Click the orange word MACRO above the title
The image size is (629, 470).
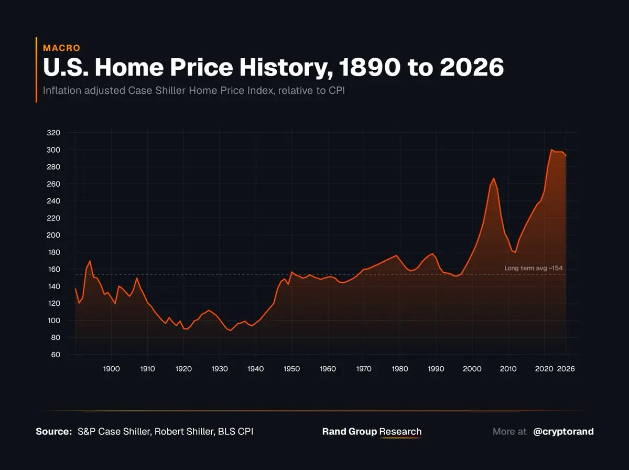coord(61,48)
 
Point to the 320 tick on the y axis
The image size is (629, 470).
coord(53,133)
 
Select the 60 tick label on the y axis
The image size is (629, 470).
coord(56,355)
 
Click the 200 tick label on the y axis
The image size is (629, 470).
coord(53,235)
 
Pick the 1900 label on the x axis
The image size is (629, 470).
coord(112,369)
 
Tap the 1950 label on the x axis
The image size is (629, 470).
coord(291,369)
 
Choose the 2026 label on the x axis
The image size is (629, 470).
coord(566,369)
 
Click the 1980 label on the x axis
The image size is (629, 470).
coord(400,369)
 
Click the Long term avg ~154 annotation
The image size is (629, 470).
coord(533,268)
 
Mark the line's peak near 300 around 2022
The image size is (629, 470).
coord(551,150)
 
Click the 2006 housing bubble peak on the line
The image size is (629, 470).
coord(493,178)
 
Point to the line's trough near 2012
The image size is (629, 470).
coord(515,252)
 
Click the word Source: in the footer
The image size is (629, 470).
coord(53,432)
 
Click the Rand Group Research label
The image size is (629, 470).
coord(372,432)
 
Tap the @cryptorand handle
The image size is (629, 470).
coord(563,432)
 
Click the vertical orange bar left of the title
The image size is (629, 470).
coord(36,70)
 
